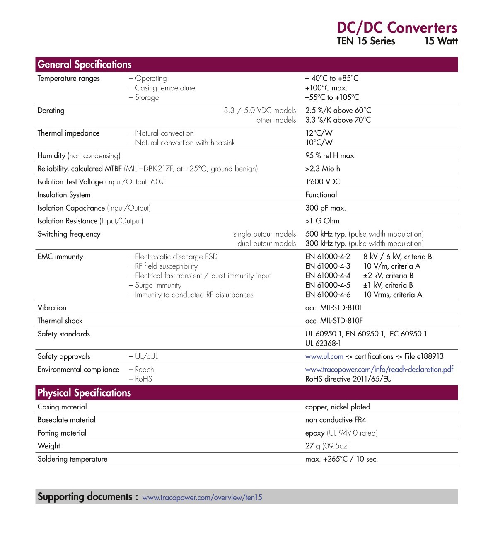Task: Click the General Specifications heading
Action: tap(85, 65)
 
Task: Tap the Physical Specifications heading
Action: tap(84, 393)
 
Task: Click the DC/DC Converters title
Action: tap(396, 28)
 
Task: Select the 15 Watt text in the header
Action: tap(441, 41)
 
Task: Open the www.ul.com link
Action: tap(324, 356)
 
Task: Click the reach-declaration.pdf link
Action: tap(379, 369)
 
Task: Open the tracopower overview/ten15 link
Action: tap(202, 497)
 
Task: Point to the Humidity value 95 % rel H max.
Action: tap(330, 156)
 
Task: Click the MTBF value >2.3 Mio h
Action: tap(322, 169)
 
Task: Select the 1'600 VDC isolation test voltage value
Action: tap(322, 181)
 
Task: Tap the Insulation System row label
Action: tap(64, 195)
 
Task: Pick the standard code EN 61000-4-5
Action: tap(328, 285)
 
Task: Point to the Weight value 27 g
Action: tap(313, 446)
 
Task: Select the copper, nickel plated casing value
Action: tap(338, 407)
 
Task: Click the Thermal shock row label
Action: tap(60, 321)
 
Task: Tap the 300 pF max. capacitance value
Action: tap(325, 208)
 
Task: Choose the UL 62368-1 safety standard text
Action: tap(323, 343)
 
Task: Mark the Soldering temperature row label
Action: tap(72, 459)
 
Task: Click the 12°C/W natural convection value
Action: tap(319, 133)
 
